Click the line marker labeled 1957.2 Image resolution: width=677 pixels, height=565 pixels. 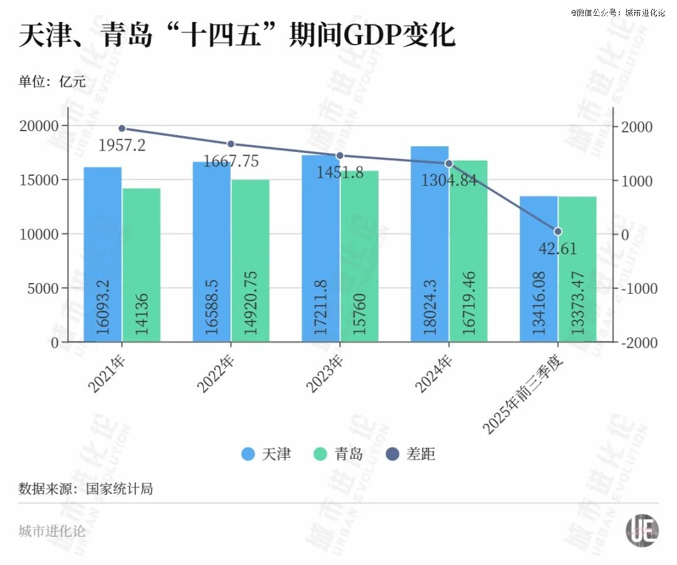coord(122,128)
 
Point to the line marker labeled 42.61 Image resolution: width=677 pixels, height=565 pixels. coord(558,231)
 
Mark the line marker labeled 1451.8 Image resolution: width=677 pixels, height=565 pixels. coord(340,156)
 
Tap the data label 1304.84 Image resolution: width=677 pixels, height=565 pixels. coord(448,181)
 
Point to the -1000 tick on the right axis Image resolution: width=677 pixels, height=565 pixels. coord(636,289)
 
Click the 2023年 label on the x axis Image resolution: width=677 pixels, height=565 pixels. coord(325,374)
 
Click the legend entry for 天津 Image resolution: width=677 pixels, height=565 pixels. coord(266,454)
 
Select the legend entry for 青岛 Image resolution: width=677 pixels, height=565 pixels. coord(338,454)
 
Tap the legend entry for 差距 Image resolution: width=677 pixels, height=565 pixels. coord(411,454)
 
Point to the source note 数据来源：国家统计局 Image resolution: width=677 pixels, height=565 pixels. coord(86,488)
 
